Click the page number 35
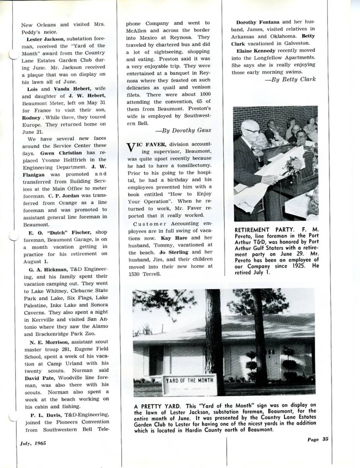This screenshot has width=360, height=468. [325, 439]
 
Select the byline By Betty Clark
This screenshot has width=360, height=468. [291, 80]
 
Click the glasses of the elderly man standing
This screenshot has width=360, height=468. [252, 131]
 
